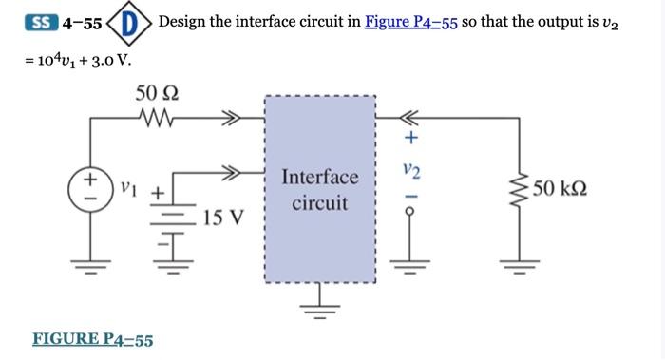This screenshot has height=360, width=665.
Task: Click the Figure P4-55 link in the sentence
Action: pyautogui.click(x=411, y=22)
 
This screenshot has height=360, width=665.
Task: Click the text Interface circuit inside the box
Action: pyautogui.click(x=320, y=190)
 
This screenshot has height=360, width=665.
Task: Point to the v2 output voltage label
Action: pyautogui.click(x=410, y=170)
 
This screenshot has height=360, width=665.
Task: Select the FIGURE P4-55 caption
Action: pyautogui.click(x=93, y=339)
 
